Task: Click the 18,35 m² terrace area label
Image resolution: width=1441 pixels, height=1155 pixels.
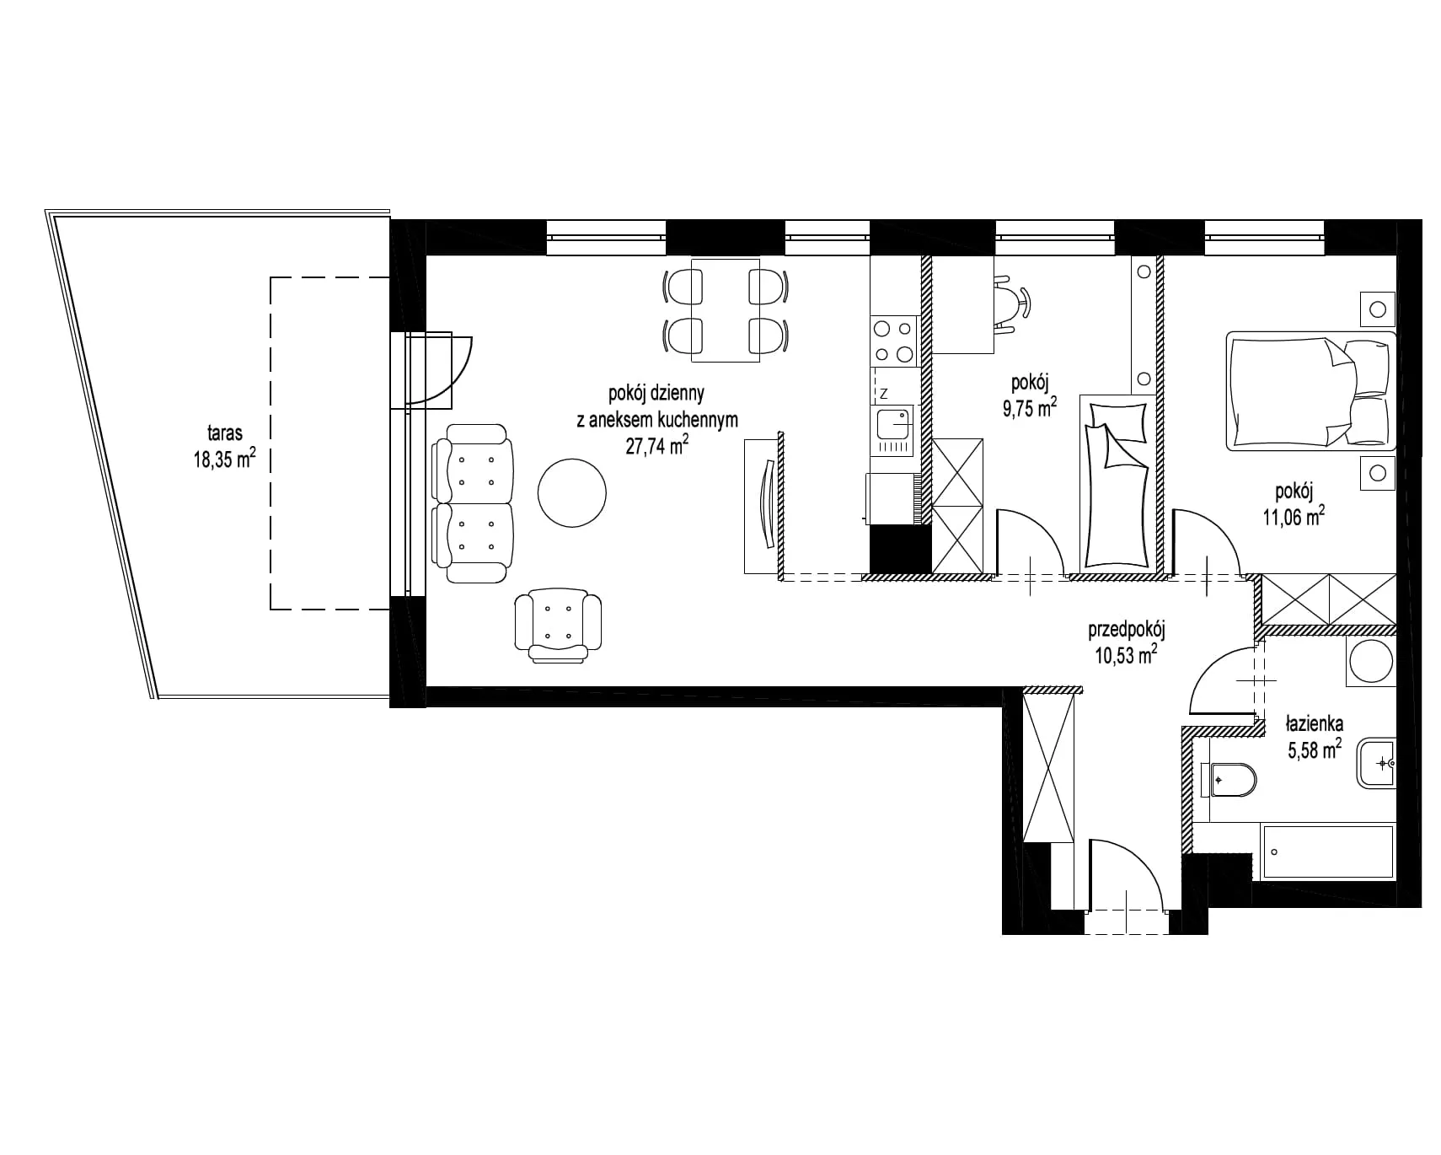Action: point(224,458)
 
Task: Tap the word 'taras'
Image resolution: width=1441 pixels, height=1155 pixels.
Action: point(225,433)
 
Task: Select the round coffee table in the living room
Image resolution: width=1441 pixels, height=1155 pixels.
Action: point(571,493)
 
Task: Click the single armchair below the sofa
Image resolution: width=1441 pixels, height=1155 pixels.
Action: point(558,625)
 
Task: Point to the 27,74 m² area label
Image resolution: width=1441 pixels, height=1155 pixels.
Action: point(657,445)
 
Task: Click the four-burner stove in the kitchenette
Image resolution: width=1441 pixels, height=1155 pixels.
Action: point(893,341)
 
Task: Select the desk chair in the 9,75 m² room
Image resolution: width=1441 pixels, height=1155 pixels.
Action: point(1010,303)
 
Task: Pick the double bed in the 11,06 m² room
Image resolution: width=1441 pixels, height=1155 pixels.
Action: point(1310,390)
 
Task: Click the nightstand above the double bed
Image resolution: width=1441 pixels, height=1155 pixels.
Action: point(1378,309)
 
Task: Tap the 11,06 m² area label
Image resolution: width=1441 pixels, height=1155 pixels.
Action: point(1294,516)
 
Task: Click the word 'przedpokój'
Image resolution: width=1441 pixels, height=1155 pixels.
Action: point(1127,629)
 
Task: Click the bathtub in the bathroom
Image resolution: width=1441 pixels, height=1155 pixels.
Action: point(1327,851)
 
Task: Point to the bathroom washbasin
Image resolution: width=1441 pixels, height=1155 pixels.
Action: point(1376,763)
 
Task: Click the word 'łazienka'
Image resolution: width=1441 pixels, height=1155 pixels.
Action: point(1315,723)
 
